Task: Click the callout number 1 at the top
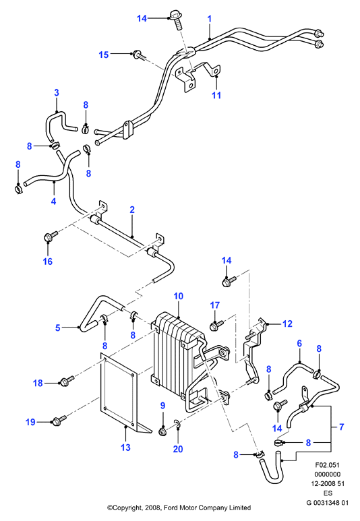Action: (210, 19)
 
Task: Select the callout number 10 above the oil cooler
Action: (179, 296)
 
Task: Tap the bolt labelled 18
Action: (67, 381)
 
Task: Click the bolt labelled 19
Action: (59, 421)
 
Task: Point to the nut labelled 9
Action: (163, 431)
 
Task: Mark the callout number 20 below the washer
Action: (178, 450)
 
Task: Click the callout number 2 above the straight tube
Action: (132, 210)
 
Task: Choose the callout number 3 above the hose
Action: (57, 93)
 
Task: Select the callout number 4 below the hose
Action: (53, 201)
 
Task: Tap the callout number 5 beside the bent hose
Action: (58, 328)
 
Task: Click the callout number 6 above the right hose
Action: (299, 343)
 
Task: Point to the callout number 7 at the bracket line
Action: (341, 427)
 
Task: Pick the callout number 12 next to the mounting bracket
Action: (287, 324)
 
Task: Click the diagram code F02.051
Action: (328, 465)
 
